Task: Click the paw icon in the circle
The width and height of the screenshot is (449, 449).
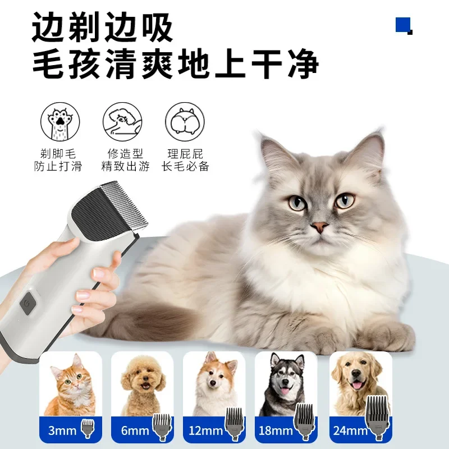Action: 60,121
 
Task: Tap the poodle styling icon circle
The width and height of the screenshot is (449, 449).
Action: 122,121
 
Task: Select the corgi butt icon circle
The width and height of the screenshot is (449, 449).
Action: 185,121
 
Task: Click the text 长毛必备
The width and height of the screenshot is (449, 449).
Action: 185,166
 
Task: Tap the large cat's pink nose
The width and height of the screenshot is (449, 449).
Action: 320,227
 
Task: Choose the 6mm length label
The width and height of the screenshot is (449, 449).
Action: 134,430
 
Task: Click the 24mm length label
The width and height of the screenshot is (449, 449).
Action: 347,430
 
